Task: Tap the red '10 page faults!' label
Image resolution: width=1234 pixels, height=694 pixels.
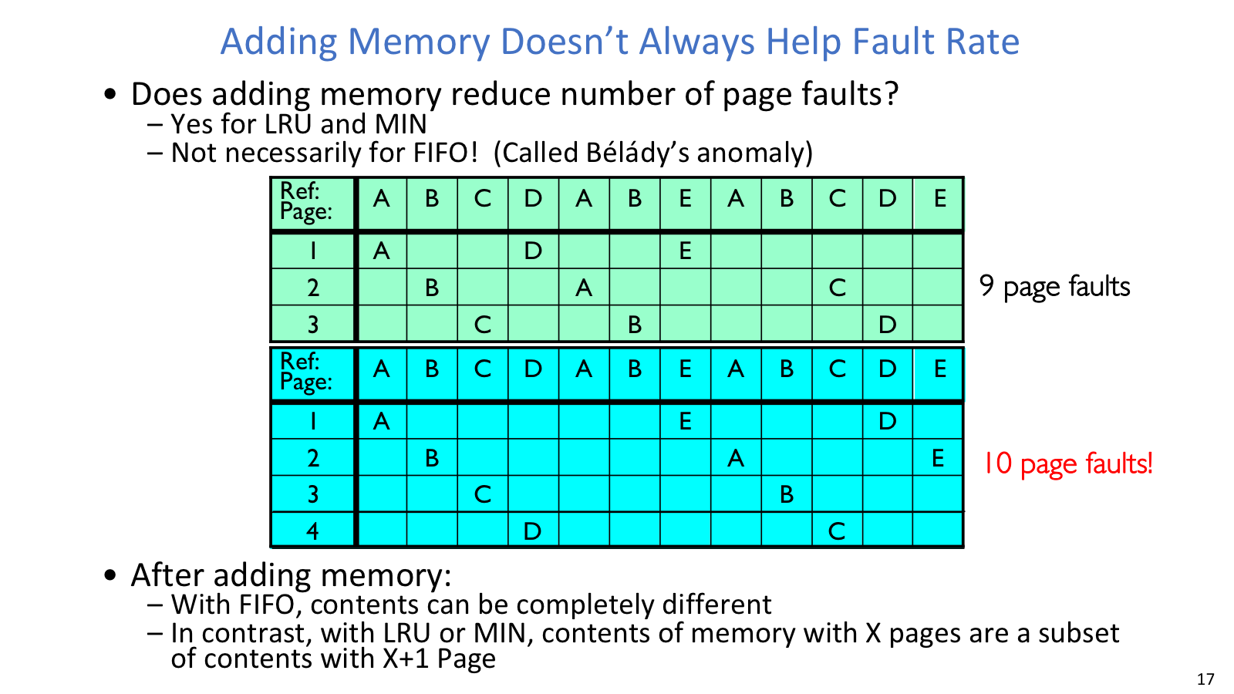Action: (x=1067, y=463)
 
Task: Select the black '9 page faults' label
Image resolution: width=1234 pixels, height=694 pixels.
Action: (x=1054, y=287)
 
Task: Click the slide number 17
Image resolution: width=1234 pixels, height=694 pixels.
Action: (x=1205, y=679)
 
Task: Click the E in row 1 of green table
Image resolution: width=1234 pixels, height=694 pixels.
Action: (x=685, y=251)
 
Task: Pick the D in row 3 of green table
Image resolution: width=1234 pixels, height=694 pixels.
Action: (x=887, y=325)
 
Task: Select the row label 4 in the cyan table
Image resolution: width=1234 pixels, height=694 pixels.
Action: (x=312, y=531)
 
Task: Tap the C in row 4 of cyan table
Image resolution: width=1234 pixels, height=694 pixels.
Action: (x=836, y=531)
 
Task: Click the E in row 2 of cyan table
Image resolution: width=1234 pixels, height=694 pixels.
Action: (x=938, y=458)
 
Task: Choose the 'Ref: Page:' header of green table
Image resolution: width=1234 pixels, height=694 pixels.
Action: (x=305, y=201)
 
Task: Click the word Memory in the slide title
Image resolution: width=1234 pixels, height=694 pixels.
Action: (x=419, y=42)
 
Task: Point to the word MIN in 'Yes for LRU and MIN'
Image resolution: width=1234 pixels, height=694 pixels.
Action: (x=400, y=124)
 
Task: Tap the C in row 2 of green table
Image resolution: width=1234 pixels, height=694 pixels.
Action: (x=837, y=288)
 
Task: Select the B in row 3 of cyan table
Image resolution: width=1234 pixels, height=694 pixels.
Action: (x=786, y=494)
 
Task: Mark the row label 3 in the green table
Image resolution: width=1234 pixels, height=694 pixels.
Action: (x=313, y=325)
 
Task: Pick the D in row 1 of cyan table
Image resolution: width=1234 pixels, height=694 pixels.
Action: (x=887, y=421)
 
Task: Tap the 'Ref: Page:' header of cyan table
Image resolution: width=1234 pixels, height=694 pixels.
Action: (x=305, y=372)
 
